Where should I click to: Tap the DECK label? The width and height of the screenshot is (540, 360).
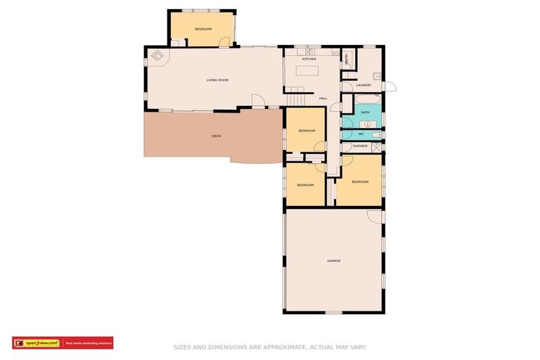coord(217,136)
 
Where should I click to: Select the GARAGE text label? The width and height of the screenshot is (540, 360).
coord(333,261)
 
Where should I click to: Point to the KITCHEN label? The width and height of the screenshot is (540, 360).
coord(309,59)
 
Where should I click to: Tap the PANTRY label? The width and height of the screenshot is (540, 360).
coord(347,60)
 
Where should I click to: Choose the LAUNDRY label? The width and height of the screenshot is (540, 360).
coord(364,85)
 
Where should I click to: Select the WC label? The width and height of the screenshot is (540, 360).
coord(361,134)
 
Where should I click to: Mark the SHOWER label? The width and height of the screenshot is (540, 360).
coord(360,146)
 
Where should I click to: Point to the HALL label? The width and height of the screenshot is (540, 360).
coord(323,98)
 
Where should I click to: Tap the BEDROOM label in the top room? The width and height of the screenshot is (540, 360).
coord(203,29)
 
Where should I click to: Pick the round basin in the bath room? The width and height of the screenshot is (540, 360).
coord(348,120)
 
